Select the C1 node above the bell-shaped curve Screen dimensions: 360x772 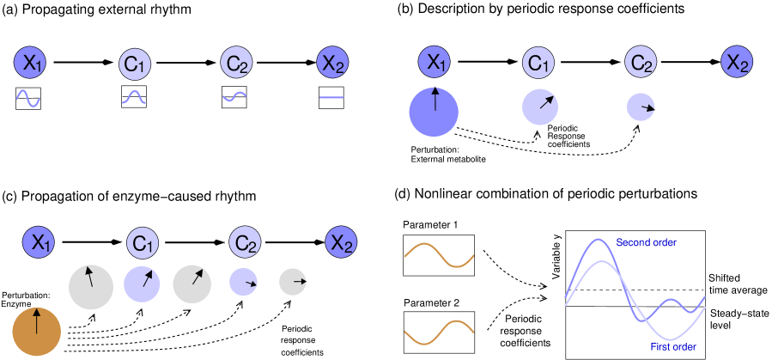click(x=132, y=64)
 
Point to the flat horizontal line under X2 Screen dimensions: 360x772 click(x=331, y=98)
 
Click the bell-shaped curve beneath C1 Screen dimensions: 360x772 click(x=133, y=98)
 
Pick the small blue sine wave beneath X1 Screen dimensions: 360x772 click(x=28, y=99)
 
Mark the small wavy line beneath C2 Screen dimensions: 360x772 click(x=234, y=97)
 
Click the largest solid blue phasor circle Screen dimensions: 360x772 click(x=434, y=112)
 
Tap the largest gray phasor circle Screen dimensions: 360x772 click(x=90, y=287)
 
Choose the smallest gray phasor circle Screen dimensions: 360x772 click(x=293, y=282)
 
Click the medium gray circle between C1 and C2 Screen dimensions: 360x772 click(x=191, y=284)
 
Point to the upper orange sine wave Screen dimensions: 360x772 click(x=439, y=256)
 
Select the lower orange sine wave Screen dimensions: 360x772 click(x=439, y=333)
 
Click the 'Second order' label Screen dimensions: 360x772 click(x=646, y=243)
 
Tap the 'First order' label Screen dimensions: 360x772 click(x=673, y=346)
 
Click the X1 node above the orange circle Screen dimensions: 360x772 click(x=38, y=243)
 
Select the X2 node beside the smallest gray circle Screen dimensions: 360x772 click(x=342, y=243)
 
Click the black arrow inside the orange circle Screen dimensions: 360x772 click(x=36, y=321)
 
